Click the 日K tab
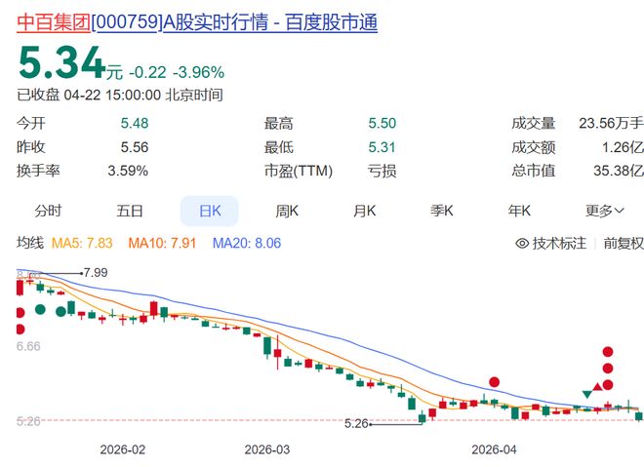(x=209, y=211)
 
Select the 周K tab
(x=287, y=211)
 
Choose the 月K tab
(x=365, y=211)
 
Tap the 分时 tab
(x=48, y=211)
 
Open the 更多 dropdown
(x=604, y=211)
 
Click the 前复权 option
(x=624, y=243)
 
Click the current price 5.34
(x=61, y=66)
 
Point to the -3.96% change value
(x=198, y=72)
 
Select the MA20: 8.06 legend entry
(x=248, y=243)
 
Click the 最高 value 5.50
(x=382, y=123)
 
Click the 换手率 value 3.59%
(x=128, y=171)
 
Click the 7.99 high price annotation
(x=95, y=272)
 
